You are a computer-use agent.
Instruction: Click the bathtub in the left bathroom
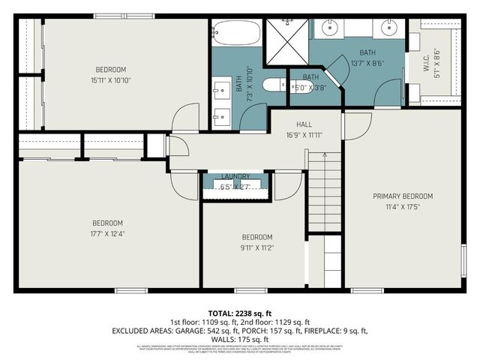(236, 33)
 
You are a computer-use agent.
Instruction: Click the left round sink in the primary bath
(331, 31)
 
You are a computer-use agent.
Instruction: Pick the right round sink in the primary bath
(388, 31)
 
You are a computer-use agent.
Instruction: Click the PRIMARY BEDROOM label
(403, 196)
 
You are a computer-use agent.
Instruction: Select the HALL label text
(304, 124)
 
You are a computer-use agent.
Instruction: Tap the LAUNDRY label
(235, 177)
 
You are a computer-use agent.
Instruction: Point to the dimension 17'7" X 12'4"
(107, 233)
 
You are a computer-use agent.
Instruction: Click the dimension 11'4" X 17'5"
(403, 207)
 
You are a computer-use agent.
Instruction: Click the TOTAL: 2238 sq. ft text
(240, 313)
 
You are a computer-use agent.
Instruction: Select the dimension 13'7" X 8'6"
(367, 64)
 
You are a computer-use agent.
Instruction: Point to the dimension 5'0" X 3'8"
(310, 87)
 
